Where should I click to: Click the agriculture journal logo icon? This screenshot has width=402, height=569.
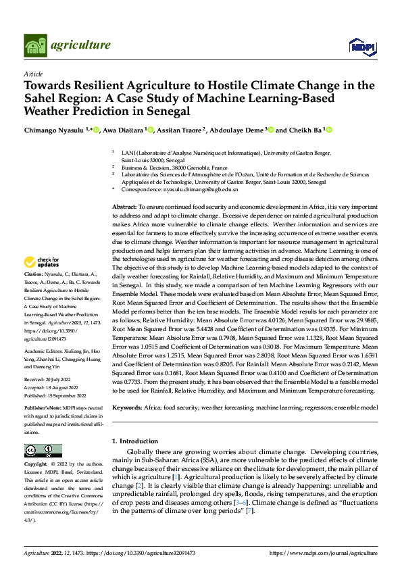point(36,46)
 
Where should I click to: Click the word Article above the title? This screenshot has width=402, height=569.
point(32,73)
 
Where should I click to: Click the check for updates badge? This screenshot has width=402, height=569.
point(42,262)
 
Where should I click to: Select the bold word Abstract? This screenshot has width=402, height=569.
point(124,205)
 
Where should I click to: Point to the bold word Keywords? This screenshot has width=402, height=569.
point(127,409)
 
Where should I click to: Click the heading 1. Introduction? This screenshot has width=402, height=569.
point(134,441)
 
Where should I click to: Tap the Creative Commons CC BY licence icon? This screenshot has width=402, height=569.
point(43,451)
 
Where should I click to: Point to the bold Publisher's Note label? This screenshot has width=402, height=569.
point(45,410)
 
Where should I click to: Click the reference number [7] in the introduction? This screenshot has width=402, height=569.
point(250,511)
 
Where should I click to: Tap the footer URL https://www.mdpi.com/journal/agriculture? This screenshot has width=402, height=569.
point(324,553)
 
